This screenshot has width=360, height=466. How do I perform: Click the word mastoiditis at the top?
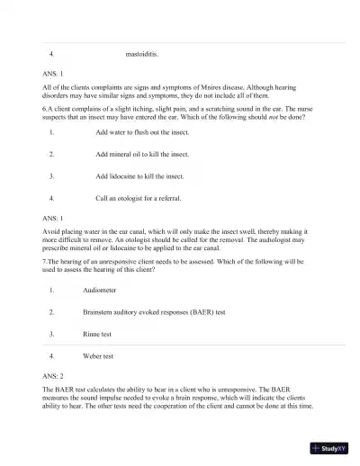(142, 54)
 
